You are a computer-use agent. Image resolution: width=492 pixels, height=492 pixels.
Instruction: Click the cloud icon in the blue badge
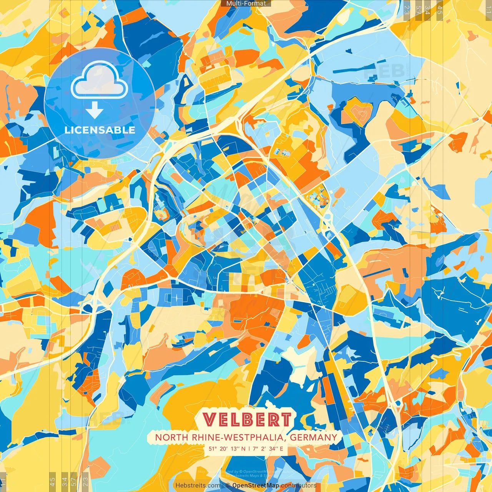click(99, 81)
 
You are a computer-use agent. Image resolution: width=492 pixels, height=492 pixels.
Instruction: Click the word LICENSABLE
click(100, 130)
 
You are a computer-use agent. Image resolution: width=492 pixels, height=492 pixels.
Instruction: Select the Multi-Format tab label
click(246, 3)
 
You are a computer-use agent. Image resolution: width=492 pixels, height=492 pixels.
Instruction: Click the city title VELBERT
click(247, 420)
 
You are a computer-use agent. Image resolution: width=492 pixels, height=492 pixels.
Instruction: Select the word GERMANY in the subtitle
click(313, 437)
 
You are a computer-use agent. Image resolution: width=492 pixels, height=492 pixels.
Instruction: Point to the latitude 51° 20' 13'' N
click(227, 449)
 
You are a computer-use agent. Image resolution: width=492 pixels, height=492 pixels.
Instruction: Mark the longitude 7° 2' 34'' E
click(268, 449)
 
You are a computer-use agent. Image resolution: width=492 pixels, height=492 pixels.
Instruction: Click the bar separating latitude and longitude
click(249, 449)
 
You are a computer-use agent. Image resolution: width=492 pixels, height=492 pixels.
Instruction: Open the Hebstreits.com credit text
click(198, 485)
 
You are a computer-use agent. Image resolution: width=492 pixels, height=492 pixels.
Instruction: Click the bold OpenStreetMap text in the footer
click(256, 485)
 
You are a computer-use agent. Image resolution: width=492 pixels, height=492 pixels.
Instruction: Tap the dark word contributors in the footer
click(299, 485)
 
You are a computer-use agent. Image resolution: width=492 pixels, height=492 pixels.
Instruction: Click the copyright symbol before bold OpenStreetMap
click(228, 485)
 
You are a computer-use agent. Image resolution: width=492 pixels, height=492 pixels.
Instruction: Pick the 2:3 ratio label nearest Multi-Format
click(407, 10)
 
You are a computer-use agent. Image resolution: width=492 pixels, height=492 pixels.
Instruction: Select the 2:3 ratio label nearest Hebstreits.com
click(85, 481)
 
